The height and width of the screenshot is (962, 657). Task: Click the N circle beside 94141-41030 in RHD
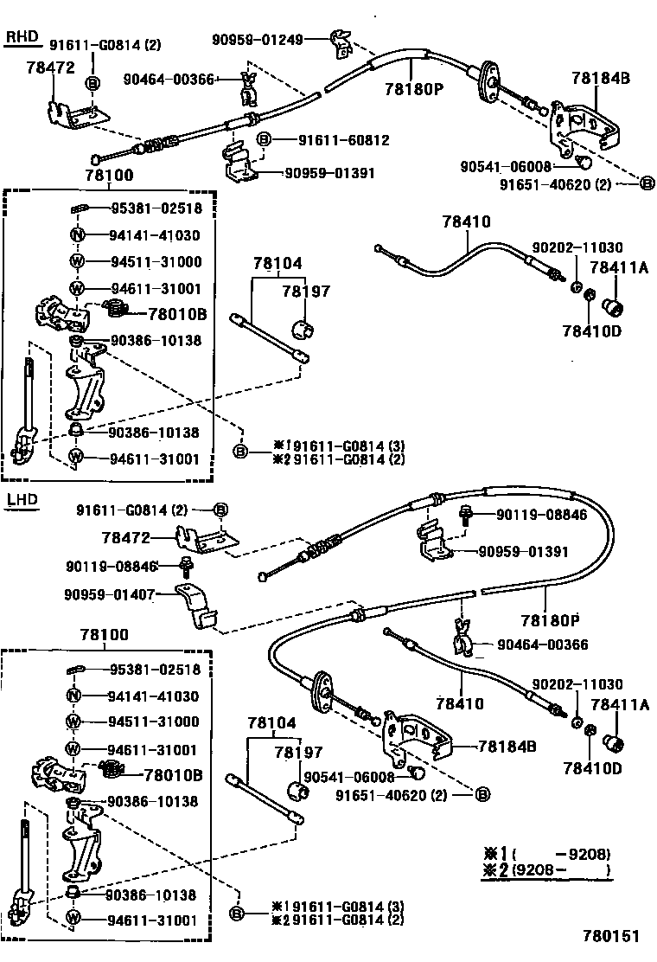click(x=76, y=235)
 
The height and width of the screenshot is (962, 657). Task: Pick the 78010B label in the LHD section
click(x=173, y=775)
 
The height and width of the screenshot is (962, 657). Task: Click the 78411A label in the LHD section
click(x=619, y=705)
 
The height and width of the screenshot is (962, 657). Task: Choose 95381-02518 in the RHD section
click(x=155, y=208)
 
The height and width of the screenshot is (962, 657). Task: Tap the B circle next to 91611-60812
click(x=264, y=139)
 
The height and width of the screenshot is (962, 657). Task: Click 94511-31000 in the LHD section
click(x=155, y=721)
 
